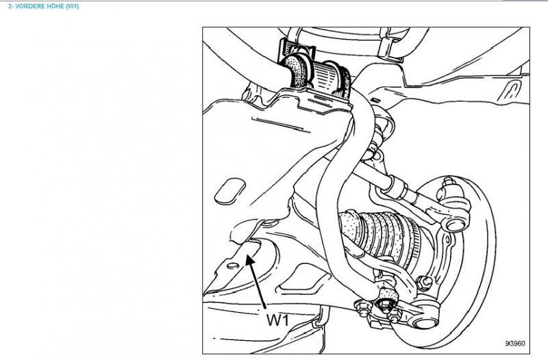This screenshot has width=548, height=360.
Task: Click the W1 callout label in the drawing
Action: [x=278, y=320]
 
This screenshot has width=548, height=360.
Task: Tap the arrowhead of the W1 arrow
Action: [x=249, y=260]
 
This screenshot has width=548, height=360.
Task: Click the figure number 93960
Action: [x=515, y=344]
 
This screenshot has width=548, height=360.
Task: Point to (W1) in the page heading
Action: [x=73, y=6]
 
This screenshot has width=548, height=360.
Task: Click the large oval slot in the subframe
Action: [x=229, y=191]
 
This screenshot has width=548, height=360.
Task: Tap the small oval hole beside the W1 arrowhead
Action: [x=232, y=266]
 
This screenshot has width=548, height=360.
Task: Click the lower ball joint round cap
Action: [x=425, y=320]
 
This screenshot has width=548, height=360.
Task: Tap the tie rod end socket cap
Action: [x=455, y=224]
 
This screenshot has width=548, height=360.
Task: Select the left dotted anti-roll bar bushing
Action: [x=297, y=72]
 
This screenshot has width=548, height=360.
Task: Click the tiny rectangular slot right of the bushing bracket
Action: [x=375, y=100]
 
